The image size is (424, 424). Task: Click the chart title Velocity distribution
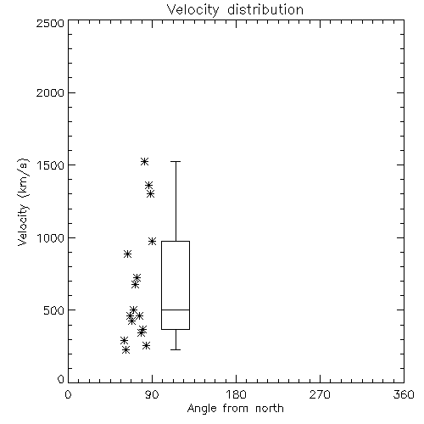coord(235,10)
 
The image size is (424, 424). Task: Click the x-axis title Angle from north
coord(235,408)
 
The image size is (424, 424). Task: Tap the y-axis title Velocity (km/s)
coord(23,202)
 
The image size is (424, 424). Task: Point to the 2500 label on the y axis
coord(50,23)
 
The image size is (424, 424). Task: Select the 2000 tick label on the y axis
coord(50,92)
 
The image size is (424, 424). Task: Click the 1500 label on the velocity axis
coord(51,165)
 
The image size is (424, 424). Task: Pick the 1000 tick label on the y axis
coord(51,237)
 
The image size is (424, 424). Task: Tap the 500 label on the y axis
coord(54,310)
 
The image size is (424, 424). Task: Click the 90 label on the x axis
coord(152,394)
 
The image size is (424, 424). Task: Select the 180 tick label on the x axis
coord(236,394)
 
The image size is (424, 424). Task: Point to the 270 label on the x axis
coord(320,394)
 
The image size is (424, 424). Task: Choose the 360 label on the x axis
coord(404,394)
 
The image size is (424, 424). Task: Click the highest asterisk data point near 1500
coord(144,161)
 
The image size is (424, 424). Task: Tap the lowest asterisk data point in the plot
coord(126,350)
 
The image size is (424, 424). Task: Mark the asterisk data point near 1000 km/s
coord(152,241)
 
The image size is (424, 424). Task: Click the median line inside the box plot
coord(176,310)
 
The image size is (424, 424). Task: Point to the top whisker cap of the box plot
coord(176,161)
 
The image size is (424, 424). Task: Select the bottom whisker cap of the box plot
coord(176,349)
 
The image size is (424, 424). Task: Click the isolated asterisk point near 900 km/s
coord(127,254)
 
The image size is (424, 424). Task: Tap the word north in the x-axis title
coord(270,408)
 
